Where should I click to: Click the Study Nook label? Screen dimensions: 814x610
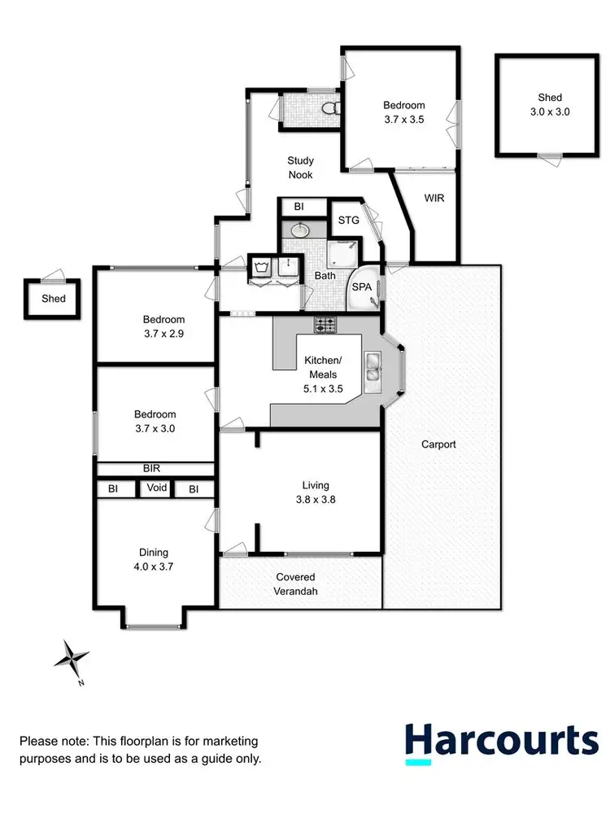(x=300, y=168)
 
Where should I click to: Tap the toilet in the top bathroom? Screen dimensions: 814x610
(x=328, y=108)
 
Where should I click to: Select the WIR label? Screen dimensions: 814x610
(x=434, y=198)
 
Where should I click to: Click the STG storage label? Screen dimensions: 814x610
(x=348, y=219)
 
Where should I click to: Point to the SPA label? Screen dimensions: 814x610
(x=361, y=287)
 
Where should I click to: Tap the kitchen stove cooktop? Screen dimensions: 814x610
(x=325, y=325)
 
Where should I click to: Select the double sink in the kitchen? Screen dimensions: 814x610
(x=373, y=366)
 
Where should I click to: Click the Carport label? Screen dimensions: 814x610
(x=438, y=444)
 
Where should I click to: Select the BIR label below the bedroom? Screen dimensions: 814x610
(x=151, y=469)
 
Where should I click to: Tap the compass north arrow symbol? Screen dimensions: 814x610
(x=74, y=658)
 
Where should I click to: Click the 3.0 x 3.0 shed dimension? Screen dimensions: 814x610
(x=549, y=112)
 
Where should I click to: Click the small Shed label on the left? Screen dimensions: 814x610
(x=54, y=299)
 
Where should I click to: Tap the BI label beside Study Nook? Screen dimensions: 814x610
(x=299, y=206)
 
